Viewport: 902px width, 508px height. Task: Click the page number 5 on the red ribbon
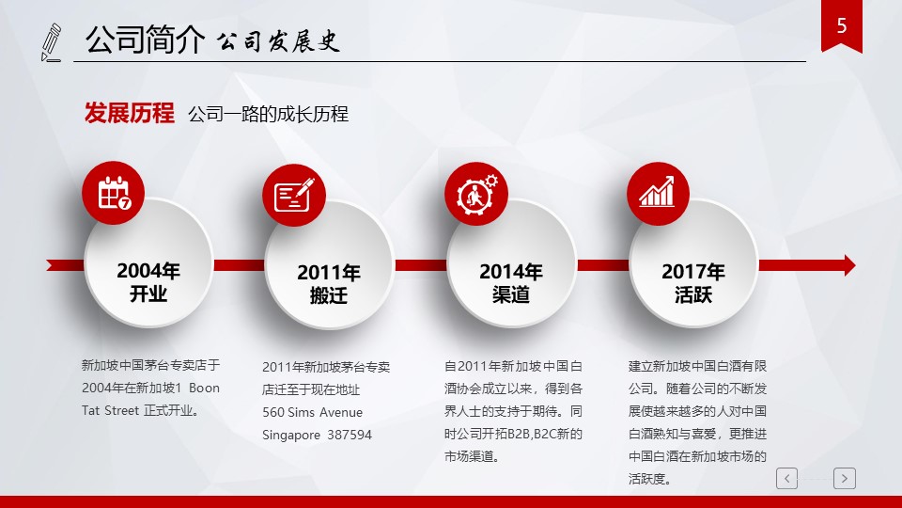click(842, 25)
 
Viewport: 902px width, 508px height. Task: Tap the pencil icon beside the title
click(51, 42)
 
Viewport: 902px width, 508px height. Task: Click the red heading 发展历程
click(130, 113)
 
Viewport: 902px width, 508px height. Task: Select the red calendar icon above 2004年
click(114, 193)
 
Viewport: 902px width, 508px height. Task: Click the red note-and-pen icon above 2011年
click(294, 196)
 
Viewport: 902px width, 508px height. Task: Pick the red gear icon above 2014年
click(476, 194)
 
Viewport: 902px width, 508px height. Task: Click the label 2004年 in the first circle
click(148, 271)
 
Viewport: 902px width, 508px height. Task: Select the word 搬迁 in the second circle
click(329, 295)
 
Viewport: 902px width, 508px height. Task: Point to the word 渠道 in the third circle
click(511, 294)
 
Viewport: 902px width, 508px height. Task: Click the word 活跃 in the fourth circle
click(693, 294)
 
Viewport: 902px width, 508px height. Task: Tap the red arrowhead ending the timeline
click(849, 265)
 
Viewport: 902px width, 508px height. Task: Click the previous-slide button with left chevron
click(787, 478)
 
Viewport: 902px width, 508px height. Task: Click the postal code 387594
click(350, 435)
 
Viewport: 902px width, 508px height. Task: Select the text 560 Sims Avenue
click(312, 412)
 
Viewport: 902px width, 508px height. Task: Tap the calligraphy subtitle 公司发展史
click(278, 41)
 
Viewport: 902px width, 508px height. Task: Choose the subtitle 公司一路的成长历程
click(268, 114)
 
